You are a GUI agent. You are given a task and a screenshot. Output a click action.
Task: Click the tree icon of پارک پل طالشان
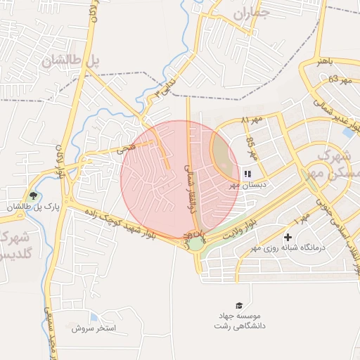tap(32, 195)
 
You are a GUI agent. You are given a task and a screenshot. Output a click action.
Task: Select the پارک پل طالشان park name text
tap(27, 207)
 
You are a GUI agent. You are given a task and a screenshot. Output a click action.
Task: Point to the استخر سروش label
tap(101, 328)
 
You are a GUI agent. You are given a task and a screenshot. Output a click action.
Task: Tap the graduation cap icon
tap(239, 305)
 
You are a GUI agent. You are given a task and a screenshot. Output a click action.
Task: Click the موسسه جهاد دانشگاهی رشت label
tap(238, 321)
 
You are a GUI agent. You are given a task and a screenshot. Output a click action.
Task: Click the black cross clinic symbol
tap(288, 238)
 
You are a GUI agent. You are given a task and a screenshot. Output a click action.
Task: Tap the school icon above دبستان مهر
tap(247, 173)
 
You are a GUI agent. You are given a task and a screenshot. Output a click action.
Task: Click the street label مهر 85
tap(250, 150)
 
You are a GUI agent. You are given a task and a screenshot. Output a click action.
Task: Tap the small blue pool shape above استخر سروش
tap(95, 319)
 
